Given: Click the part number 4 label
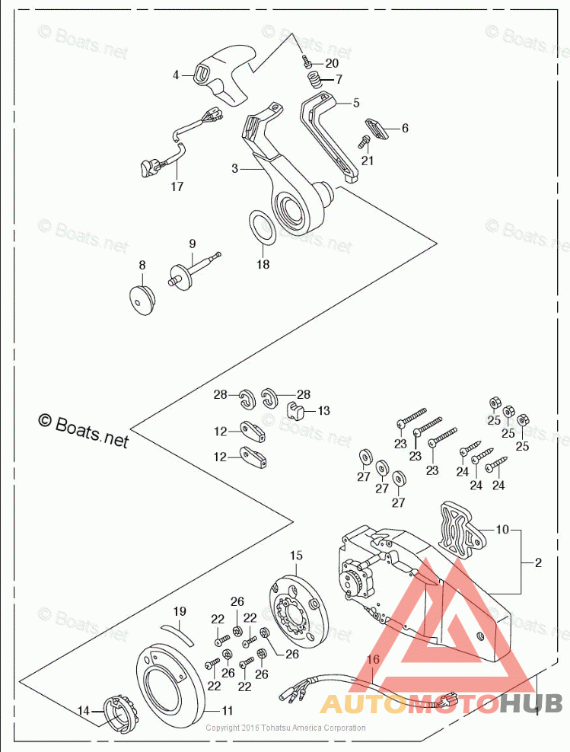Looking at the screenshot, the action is click(x=175, y=75).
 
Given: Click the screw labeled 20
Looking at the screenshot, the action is click(x=304, y=60).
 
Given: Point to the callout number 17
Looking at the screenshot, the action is click(x=177, y=186).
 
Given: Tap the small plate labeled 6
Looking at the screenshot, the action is click(x=377, y=128).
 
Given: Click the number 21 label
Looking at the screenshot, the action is click(x=368, y=161).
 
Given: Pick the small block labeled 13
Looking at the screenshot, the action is click(x=298, y=411).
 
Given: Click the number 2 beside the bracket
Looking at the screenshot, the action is click(x=538, y=562).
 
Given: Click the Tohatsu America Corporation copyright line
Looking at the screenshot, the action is click(x=285, y=728).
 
